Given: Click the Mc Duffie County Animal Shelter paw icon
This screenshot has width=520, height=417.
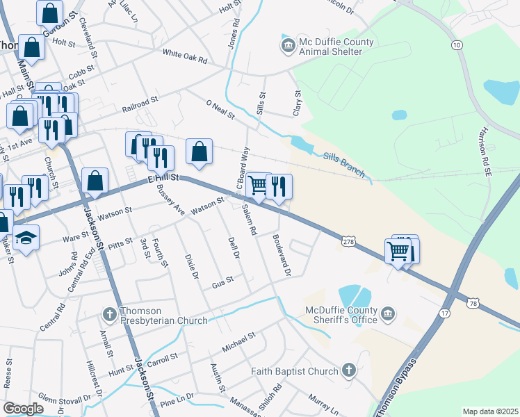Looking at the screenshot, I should pos(288,47).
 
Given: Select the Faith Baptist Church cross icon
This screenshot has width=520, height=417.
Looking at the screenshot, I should pos(348,371).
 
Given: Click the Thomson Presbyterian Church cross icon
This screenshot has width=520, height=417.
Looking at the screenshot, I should pos(109,315).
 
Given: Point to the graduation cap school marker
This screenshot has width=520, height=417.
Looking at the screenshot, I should pos(26,238).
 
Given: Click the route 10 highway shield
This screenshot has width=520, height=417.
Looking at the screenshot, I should pos(456,45).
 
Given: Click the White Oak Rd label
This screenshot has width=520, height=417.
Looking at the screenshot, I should pos(185,56).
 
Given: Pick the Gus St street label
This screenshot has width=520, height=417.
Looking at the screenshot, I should pos(222,282).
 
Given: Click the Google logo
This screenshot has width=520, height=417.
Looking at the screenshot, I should pos(23,409).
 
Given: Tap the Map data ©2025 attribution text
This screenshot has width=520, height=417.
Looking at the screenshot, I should pos(490,411).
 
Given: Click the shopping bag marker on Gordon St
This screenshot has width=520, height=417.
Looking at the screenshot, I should pos(50,13).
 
